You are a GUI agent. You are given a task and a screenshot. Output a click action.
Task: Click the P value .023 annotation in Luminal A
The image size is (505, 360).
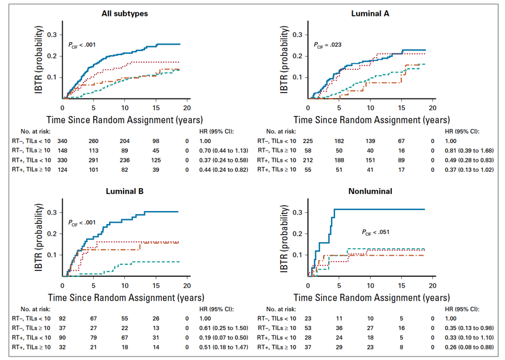[x=327, y=44]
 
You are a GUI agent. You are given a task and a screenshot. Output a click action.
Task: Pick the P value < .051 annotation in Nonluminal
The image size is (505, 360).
[x=377, y=232]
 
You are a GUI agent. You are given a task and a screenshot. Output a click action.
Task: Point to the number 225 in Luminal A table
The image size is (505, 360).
[x=309, y=141]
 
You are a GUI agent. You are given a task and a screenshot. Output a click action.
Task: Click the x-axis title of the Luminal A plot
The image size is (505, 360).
[x=372, y=121]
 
